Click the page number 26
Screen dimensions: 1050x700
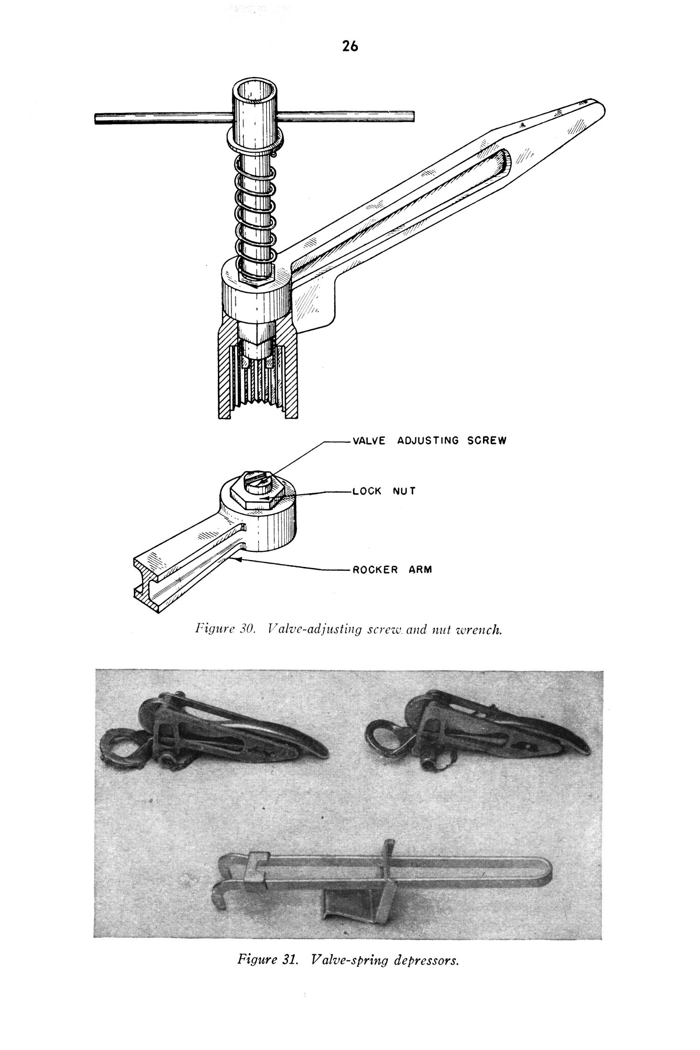350,46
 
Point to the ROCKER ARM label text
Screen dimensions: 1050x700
392,570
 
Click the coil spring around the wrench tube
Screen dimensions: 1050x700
255,201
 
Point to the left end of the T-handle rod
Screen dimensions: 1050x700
98,119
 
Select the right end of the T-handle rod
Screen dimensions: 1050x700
412,115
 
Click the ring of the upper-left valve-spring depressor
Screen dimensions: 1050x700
122,748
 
